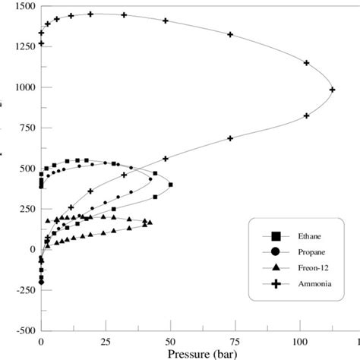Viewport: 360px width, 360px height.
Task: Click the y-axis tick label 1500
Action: tap(22, 6)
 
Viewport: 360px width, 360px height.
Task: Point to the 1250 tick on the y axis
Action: tap(22, 46)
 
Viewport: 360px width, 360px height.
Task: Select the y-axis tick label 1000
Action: tap(22, 87)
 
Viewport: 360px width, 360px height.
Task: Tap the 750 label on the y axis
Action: tap(25, 128)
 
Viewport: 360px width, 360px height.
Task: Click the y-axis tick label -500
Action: tap(24, 331)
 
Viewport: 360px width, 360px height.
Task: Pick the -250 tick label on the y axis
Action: tap(24, 290)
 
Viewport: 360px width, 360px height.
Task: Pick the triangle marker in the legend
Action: tap(274, 268)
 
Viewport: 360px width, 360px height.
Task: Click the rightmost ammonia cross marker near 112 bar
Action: tap(332, 90)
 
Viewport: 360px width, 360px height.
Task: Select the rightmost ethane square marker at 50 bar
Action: tap(170, 185)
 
